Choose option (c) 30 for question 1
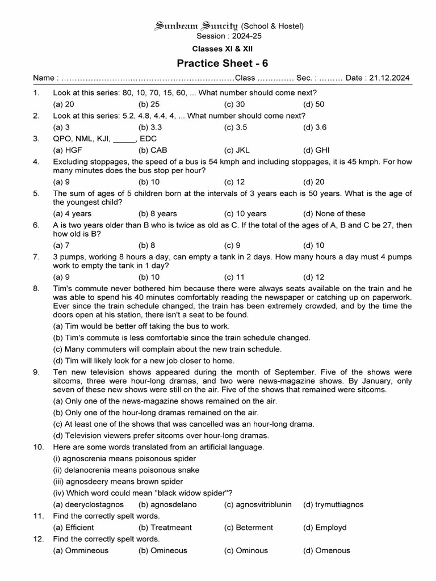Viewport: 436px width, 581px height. pos(234,104)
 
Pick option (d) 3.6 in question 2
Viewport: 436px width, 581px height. pos(315,127)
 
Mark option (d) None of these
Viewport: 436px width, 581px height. pos(334,213)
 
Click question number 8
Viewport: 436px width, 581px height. pos(36,288)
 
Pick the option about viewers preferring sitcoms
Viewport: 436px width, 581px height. pos(161,435)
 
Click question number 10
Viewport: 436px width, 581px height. pos(38,447)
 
